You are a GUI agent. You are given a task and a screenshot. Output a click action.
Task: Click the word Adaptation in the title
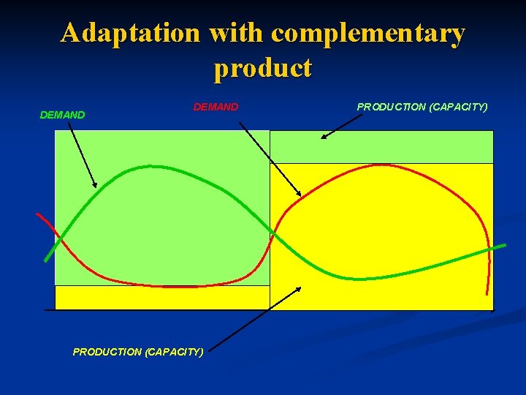[x=130, y=34]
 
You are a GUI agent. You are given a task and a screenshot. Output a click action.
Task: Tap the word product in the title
[x=263, y=67]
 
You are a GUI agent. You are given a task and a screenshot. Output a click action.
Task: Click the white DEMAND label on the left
[x=62, y=115]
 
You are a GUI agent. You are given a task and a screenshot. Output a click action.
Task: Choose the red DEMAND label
[x=216, y=107]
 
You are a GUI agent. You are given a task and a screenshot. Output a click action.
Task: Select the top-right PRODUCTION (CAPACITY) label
[x=422, y=107]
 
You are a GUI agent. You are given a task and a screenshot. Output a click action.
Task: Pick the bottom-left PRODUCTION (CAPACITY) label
[x=138, y=352]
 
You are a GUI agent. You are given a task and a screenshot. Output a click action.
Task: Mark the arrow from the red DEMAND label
[x=270, y=159]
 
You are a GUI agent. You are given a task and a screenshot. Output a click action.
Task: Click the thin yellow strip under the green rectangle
[x=162, y=297]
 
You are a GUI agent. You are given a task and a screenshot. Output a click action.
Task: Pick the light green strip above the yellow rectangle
[x=381, y=146]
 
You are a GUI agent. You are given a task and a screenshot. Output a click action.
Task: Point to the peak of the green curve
[x=150, y=167]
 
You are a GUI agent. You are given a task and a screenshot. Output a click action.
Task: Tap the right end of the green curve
[x=503, y=246]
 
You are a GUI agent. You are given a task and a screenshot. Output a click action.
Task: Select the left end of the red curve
[x=38, y=214]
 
